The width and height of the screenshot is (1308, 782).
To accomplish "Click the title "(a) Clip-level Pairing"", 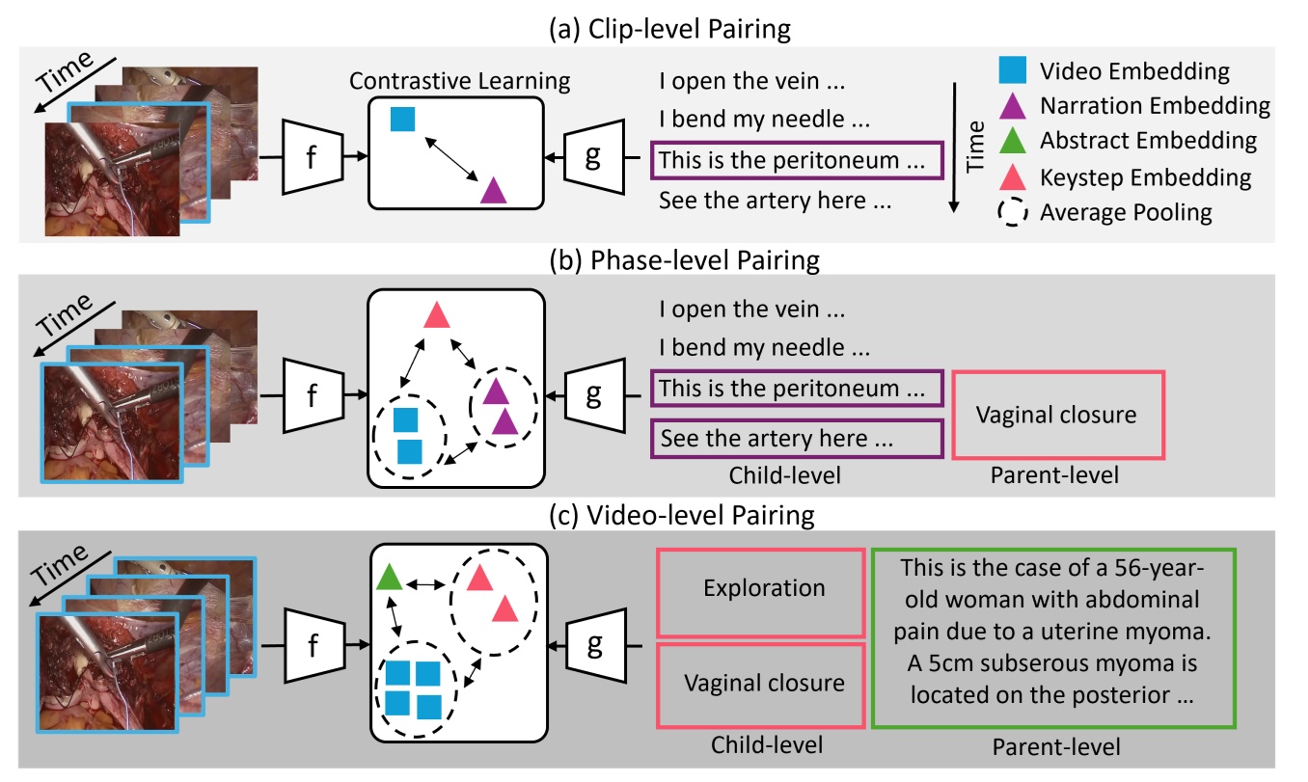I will (x=654, y=29).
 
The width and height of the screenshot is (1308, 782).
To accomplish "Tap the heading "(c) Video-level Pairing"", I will (x=654, y=514).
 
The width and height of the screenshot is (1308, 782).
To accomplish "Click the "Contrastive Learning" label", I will (x=461, y=82).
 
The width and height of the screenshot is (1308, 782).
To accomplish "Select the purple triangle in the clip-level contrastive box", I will (x=493, y=190).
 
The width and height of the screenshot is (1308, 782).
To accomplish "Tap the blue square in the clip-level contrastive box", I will (x=402, y=120).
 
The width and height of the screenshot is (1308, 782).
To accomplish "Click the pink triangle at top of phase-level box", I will (x=437, y=314).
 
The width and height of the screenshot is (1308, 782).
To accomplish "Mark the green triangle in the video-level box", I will (x=388, y=578).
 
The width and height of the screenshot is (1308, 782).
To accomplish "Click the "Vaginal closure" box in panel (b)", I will (x=1056, y=415).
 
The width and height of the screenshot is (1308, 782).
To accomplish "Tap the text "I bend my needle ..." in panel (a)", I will (x=764, y=121).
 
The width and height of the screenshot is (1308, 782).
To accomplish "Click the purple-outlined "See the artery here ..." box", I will (x=796, y=438).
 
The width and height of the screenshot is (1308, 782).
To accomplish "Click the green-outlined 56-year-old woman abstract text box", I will (x=1053, y=638).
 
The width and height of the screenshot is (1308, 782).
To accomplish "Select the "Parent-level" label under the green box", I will (x=1056, y=746).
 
